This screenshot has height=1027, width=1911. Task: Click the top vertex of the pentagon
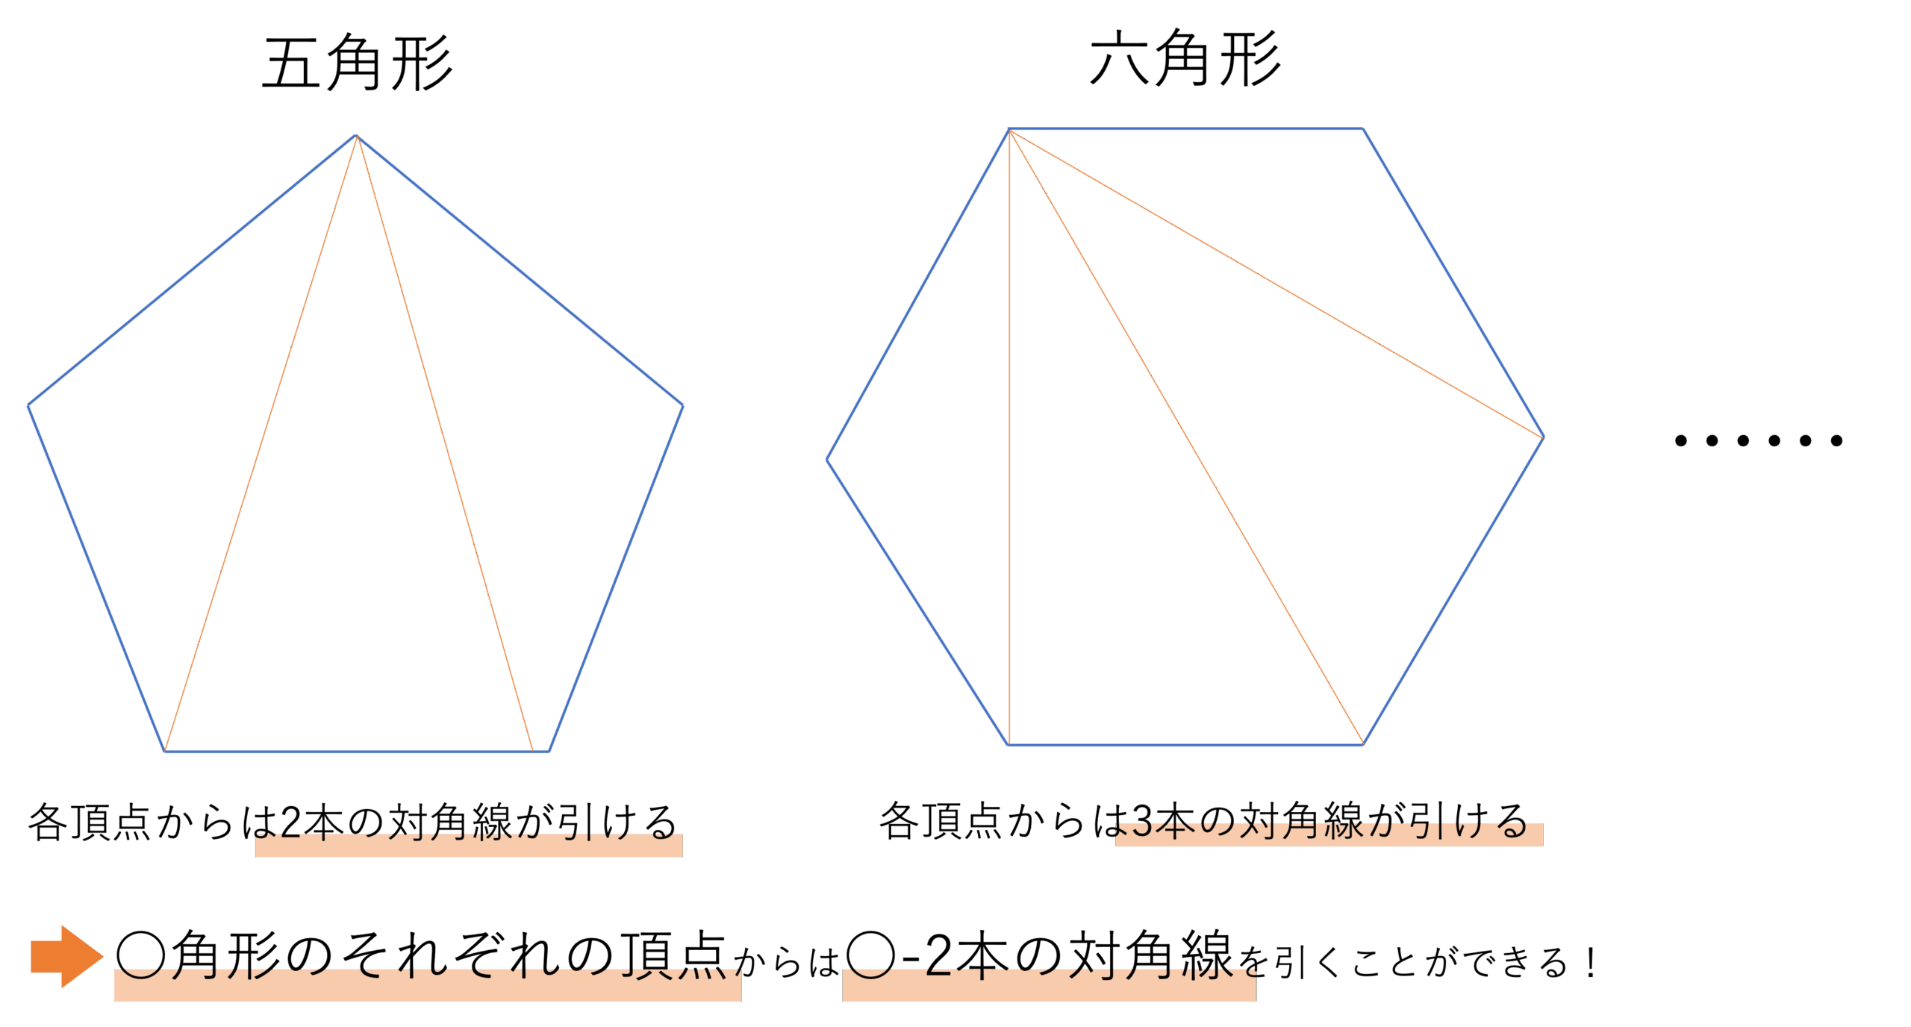coord(357,135)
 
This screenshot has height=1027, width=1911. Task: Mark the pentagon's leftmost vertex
coord(28,405)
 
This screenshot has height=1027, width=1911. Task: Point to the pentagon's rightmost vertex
coord(683,405)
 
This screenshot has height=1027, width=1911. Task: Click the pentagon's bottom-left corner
coord(164,751)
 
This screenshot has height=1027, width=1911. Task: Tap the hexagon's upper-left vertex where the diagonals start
coord(1009,129)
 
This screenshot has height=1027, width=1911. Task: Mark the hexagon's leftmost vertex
coord(827,460)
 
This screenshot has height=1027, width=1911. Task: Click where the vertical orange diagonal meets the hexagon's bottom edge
coord(1009,744)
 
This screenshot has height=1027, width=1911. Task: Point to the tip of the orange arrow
coord(103,956)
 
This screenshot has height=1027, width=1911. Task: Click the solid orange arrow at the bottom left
coord(66,956)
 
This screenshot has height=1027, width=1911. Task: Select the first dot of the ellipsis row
coord(1681,440)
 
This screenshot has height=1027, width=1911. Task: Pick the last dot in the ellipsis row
coord(1837,440)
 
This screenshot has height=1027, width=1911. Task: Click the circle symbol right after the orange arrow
coord(140,955)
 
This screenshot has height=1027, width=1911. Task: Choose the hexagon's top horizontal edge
coord(1185,128)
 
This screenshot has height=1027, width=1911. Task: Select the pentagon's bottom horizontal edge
coord(357,751)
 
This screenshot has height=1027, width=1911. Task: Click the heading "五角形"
coord(358,63)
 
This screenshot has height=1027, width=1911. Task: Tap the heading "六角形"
coord(1185,58)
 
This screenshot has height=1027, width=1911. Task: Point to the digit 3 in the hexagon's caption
coord(1142,821)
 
